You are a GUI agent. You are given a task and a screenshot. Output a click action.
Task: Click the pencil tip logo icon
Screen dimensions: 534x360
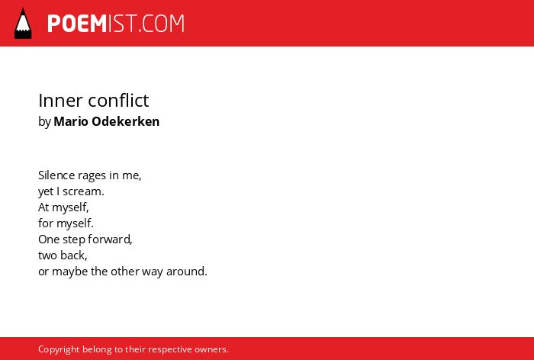tap(23, 23)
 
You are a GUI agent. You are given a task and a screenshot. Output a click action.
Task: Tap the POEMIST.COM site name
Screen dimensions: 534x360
tap(116, 24)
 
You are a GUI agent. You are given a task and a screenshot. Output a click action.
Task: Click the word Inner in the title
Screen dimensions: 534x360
tap(60, 101)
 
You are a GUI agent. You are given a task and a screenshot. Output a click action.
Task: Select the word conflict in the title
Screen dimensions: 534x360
tap(118, 101)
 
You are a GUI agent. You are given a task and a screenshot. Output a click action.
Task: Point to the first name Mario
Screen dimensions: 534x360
tap(71, 121)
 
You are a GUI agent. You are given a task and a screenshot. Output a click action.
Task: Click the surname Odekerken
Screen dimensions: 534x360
tap(126, 121)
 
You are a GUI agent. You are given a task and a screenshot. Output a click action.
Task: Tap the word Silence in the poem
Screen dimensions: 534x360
tap(56, 175)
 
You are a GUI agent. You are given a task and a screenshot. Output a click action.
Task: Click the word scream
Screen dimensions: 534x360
tap(83, 191)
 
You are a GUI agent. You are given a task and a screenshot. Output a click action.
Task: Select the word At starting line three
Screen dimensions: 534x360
tap(43, 207)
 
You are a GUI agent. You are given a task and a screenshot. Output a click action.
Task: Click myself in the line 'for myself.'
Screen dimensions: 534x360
tap(75, 224)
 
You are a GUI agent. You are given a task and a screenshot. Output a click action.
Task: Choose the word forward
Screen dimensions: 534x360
tap(110, 239)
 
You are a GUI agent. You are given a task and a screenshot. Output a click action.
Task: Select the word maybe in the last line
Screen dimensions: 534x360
tap(70, 272)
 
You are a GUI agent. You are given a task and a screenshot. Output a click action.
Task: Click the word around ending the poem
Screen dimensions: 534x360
tap(187, 272)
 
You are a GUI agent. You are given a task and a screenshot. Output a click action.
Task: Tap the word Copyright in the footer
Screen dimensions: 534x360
tap(59, 350)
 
